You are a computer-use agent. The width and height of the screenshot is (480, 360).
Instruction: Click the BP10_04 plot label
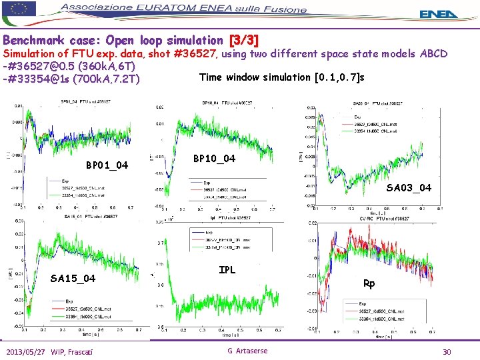click(213, 159)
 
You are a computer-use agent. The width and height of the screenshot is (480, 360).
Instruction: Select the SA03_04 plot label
click(408, 188)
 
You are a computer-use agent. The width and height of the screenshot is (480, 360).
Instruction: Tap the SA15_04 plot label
click(73, 278)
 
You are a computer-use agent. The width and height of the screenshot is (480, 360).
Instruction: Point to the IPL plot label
click(228, 270)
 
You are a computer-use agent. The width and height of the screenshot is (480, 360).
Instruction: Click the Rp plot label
click(369, 283)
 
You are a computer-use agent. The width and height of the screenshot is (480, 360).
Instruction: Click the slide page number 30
click(447, 351)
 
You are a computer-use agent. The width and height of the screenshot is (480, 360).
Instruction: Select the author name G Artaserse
click(247, 351)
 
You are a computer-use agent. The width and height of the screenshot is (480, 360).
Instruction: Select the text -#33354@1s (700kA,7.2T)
click(71, 80)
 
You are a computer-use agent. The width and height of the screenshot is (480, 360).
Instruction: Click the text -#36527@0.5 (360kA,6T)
click(69, 67)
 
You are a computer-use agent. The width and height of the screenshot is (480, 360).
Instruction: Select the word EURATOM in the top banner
click(180, 9)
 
